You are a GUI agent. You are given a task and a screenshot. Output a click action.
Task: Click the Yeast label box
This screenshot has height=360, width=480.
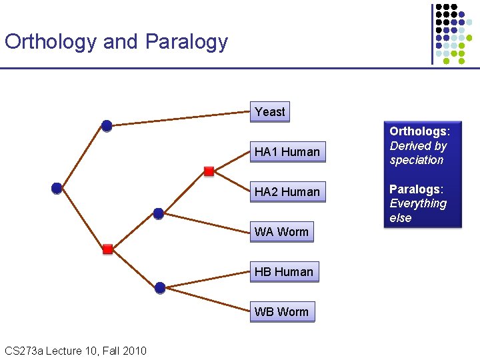click(x=270, y=112)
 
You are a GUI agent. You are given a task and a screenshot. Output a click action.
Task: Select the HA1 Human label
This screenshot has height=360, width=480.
click(x=287, y=152)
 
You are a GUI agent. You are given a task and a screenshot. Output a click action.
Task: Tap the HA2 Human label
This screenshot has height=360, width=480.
click(x=287, y=192)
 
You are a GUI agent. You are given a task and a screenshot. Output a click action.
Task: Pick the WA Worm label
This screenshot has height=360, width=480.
click(x=281, y=232)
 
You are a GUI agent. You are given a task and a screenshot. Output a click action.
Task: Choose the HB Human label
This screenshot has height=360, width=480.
click(x=283, y=272)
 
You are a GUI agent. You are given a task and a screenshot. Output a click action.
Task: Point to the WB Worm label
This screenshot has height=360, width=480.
click(x=281, y=312)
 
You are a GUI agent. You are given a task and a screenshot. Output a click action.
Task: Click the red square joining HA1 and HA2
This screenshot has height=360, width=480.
click(x=209, y=171)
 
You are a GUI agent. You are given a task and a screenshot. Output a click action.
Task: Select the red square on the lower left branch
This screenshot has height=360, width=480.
click(x=107, y=249)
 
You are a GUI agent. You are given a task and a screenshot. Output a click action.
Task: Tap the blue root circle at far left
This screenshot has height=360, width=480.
click(x=57, y=188)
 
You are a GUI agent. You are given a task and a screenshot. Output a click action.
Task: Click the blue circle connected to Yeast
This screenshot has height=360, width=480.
click(x=107, y=125)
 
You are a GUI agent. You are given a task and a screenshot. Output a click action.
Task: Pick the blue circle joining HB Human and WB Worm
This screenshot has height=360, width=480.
click(x=159, y=287)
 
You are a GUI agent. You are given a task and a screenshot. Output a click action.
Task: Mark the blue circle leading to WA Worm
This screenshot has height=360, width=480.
click(x=158, y=213)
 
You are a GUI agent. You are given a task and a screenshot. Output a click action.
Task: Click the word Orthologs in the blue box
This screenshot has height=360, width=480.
click(x=419, y=131)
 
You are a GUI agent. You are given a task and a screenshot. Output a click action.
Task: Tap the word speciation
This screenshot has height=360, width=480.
click(x=417, y=160)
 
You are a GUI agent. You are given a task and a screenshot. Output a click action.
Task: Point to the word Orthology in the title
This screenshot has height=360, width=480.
click(x=51, y=41)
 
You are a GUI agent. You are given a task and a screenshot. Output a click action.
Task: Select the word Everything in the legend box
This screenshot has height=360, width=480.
click(x=418, y=203)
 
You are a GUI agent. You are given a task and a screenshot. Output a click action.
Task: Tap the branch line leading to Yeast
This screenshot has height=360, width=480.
click(x=180, y=119)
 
